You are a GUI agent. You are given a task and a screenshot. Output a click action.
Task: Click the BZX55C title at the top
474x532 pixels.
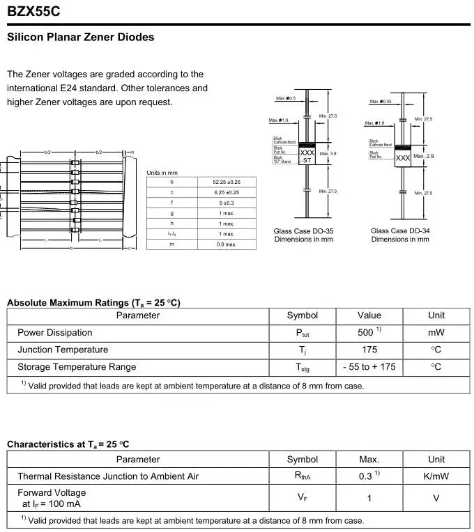coord(34,11)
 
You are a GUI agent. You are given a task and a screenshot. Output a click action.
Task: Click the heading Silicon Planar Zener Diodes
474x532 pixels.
coord(80,37)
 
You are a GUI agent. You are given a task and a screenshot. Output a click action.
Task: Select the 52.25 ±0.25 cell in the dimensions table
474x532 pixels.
coord(226,182)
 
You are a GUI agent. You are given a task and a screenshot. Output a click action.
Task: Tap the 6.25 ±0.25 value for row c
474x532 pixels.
coord(226,192)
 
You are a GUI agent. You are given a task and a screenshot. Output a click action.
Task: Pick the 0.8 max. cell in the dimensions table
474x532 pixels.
coord(227,244)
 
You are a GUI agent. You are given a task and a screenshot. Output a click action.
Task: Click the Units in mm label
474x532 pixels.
coord(162,172)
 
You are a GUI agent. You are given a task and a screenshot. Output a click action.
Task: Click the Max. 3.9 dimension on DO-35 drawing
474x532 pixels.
coord(328,154)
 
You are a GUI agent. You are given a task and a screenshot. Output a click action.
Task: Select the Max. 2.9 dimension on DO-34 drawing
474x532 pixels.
coord(424,156)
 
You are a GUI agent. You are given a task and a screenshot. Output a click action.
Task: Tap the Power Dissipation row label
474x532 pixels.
coord(54,333)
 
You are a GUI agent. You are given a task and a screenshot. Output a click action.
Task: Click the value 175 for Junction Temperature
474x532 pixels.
coord(369,350)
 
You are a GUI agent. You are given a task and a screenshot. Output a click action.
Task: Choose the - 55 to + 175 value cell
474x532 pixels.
coord(369,367)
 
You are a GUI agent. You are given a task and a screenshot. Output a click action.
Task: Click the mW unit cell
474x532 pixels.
coord(436,333)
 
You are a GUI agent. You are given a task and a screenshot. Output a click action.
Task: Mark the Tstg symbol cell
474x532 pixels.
coord(303,368)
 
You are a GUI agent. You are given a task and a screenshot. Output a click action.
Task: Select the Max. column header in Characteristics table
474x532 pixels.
coord(369,460)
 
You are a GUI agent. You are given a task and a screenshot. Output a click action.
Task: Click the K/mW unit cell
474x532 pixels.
coord(436,476)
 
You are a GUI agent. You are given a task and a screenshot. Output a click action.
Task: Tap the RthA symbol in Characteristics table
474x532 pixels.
coord(303,477)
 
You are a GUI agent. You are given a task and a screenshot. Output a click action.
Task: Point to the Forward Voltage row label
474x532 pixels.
coord(52,493)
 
